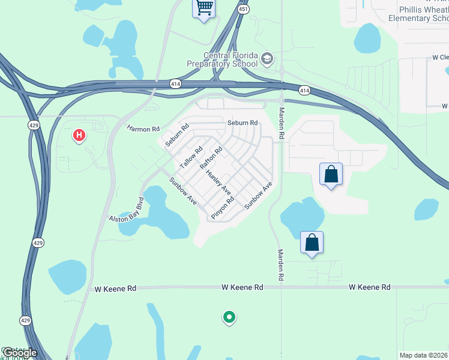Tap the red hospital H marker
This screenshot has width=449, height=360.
[x=79, y=136]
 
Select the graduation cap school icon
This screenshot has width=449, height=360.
[x=267, y=59]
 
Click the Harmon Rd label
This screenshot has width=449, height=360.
[x=143, y=128]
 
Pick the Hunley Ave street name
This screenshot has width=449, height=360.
[x=218, y=182]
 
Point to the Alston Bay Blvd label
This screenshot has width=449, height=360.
[x=127, y=211]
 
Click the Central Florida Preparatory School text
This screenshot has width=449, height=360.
[x=230, y=59]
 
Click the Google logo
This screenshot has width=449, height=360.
[x=19, y=353]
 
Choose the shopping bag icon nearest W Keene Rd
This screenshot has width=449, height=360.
[x=312, y=243]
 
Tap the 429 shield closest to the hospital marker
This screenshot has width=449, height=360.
[x=34, y=124]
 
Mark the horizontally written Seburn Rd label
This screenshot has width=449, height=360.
[x=243, y=123]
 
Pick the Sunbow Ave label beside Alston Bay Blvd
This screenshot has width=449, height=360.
[x=182, y=191]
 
